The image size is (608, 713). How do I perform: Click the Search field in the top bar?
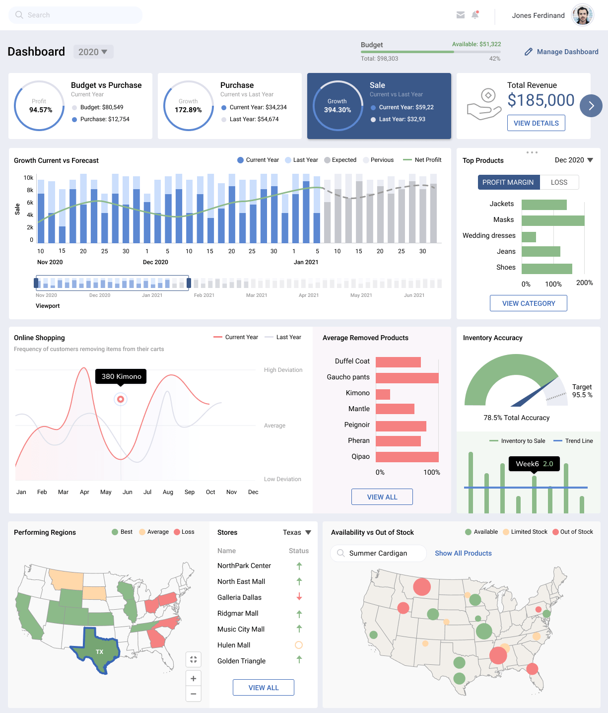75,15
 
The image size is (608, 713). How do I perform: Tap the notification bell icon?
475,15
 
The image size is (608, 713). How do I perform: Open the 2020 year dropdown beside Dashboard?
93,52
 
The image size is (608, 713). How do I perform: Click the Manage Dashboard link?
561,52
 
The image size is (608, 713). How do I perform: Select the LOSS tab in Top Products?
559,182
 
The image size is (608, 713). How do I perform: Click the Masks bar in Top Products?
553,220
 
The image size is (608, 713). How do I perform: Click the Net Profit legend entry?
422,160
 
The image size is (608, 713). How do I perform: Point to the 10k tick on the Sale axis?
28,178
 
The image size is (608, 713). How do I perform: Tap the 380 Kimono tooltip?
121,376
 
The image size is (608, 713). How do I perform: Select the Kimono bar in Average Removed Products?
383,394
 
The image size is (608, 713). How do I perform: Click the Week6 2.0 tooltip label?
534,464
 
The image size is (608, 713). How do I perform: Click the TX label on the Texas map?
99,651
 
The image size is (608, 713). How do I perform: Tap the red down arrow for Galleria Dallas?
299,596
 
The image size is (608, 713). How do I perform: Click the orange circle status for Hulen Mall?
299,644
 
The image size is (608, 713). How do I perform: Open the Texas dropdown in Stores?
297,532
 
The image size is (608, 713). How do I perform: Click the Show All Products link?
463,553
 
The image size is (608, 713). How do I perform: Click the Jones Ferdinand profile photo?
583,15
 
